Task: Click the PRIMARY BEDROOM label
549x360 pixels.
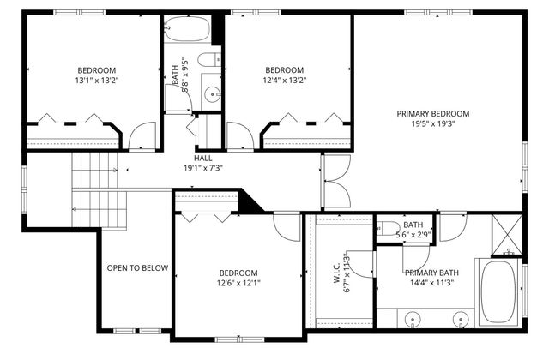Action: (432, 113)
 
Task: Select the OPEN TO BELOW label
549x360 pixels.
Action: (136, 268)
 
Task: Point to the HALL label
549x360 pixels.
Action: (202, 158)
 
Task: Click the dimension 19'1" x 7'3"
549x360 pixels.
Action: (202, 168)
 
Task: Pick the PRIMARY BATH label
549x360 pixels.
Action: (431, 273)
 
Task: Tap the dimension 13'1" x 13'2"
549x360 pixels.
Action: (97, 81)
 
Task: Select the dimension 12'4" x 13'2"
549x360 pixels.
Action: (284, 81)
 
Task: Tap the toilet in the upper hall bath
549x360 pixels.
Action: (207, 60)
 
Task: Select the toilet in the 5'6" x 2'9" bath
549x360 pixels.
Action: (389, 229)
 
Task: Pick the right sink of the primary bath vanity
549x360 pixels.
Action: (462, 319)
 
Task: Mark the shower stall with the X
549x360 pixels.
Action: (506, 231)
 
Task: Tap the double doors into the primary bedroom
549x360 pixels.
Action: (335, 181)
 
